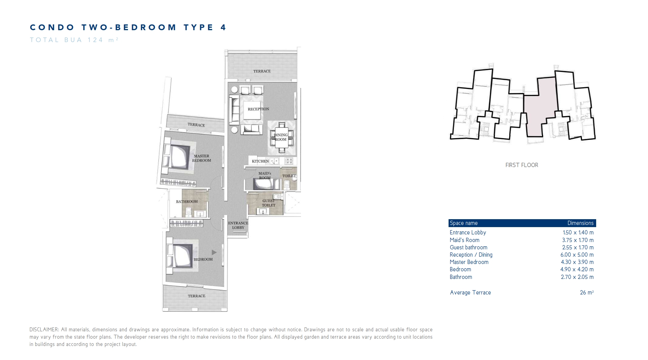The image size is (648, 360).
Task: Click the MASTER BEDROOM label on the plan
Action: tap(202, 158)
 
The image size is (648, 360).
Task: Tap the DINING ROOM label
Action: tap(281, 137)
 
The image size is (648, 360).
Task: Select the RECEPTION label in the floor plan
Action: tap(258, 109)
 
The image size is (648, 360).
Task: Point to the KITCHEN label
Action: tap(260, 161)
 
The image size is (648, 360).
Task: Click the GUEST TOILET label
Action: tap(269, 203)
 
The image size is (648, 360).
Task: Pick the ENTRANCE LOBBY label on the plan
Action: tap(238, 225)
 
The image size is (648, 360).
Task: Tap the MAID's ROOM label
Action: tap(265, 176)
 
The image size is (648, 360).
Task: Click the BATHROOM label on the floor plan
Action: tap(187, 201)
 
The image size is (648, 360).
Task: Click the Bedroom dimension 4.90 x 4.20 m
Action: tap(577, 269)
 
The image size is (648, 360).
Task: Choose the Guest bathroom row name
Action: tap(468, 248)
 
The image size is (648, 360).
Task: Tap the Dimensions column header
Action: tap(580, 223)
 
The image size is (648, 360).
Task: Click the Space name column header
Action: tap(464, 223)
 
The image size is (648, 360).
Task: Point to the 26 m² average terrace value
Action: tap(587, 293)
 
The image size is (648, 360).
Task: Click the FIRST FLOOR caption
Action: tap(522, 165)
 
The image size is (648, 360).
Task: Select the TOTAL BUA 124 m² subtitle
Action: tap(74, 40)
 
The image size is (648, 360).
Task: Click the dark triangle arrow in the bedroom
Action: tap(214, 252)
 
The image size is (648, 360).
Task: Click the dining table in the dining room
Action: tap(281, 137)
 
